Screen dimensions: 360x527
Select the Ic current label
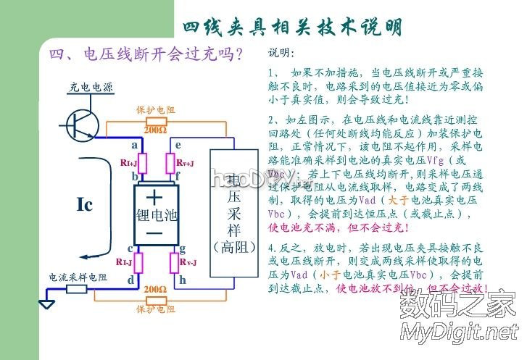(x=85, y=205)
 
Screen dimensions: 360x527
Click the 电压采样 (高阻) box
(x=234, y=213)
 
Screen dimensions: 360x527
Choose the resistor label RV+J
(x=185, y=164)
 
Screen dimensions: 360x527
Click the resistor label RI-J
(x=125, y=261)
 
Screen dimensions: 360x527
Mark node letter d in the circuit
(x=130, y=279)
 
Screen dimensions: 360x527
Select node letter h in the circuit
(x=183, y=280)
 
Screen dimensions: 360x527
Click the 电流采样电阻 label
(x=78, y=277)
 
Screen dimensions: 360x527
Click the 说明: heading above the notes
(x=282, y=54)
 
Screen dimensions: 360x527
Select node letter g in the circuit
(x=183, y=248)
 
